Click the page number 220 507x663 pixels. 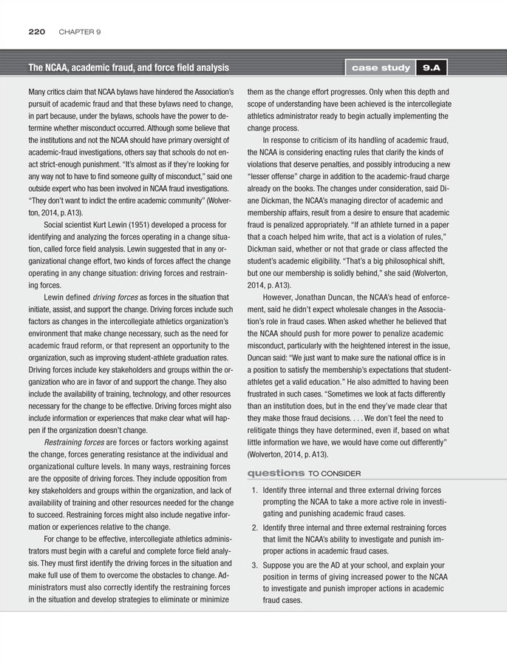click(37, 32)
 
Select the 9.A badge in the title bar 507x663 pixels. click(431, 67)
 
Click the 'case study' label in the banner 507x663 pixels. click(381, 67)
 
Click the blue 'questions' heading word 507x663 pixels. click(275, 473)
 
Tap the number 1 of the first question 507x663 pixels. click(253, 490)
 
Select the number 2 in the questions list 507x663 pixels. click(253, 528)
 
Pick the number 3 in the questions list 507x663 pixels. click(253, 565)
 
